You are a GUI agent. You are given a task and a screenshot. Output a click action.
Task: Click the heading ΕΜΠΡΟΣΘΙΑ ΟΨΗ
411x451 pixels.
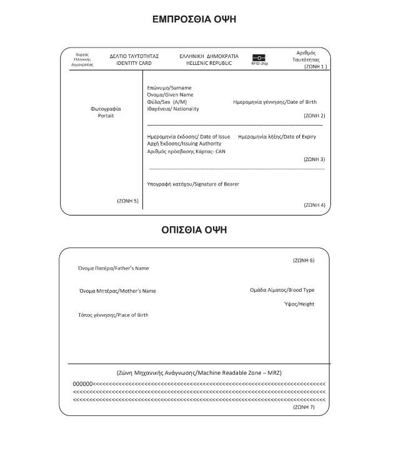point(194,19)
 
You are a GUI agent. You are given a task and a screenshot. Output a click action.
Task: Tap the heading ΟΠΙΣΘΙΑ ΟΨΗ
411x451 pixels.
point(194,230)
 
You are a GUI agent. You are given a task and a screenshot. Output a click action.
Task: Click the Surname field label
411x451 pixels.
point(169,87)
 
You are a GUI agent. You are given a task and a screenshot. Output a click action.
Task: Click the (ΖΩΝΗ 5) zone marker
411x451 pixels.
point(127,201)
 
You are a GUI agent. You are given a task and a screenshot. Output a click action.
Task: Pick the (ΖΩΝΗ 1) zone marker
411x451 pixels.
point(315,66)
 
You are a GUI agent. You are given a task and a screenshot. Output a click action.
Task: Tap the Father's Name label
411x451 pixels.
point(114,268)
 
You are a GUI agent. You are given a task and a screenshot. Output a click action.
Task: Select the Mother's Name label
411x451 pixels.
point(117,290)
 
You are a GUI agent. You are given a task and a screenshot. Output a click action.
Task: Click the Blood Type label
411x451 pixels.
point(282,290)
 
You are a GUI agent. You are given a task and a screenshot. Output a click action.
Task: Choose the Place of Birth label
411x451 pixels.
point(113,315)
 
